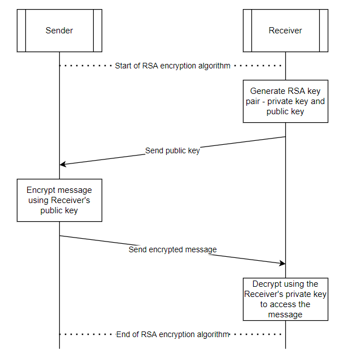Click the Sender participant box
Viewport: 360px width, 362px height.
coord(59,31)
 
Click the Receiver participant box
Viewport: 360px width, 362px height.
coord(285,31)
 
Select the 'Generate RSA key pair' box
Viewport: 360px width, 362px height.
coord(285,101)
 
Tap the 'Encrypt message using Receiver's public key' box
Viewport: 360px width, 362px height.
coord(59,200)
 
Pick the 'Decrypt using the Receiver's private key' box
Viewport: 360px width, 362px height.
coord(285,299)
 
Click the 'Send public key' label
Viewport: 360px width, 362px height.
coord(172,150)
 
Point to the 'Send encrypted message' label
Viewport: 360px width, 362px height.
coord(172,249)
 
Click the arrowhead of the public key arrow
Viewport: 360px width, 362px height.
coord(62,164)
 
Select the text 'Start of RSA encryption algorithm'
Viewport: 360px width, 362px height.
coord(172,66)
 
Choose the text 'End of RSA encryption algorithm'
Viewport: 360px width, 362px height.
coord(172,334)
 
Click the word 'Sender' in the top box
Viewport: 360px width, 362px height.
coord(59,31)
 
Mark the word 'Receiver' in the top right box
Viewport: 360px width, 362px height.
coord(285,31)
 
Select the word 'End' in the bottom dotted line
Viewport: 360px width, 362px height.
coord(123,334)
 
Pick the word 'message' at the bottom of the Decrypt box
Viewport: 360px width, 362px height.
coord(285,314)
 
